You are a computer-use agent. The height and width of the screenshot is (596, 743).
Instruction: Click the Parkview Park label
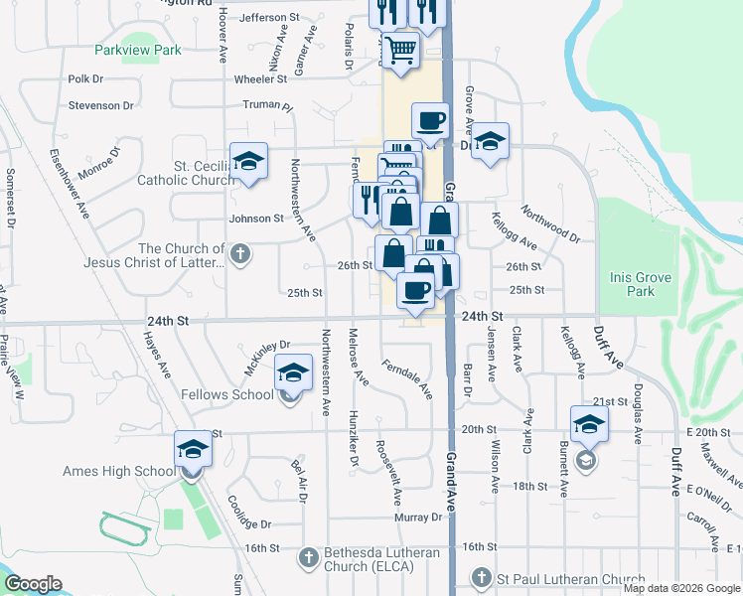(138, 50)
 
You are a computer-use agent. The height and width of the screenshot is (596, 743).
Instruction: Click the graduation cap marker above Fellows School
(292, 372)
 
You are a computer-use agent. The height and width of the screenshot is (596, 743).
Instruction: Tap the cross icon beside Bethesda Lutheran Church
(308, 557)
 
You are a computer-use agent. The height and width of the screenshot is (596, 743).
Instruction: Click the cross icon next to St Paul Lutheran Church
(481, 578)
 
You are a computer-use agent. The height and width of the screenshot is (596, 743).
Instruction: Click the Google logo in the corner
(33, 583)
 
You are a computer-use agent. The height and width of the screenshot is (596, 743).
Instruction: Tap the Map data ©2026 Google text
(680, 588)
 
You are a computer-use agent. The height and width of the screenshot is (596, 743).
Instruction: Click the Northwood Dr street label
(549, 223)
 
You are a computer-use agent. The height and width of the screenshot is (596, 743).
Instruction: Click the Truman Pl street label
(273, 106)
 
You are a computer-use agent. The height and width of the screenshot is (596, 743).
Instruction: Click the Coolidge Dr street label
(249, 513)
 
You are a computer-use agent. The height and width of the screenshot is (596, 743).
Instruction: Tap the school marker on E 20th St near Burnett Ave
(589, 423)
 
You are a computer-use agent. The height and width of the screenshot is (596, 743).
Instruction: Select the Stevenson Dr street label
(100, 105)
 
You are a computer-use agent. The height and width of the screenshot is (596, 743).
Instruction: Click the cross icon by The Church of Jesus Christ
(238, 255)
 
